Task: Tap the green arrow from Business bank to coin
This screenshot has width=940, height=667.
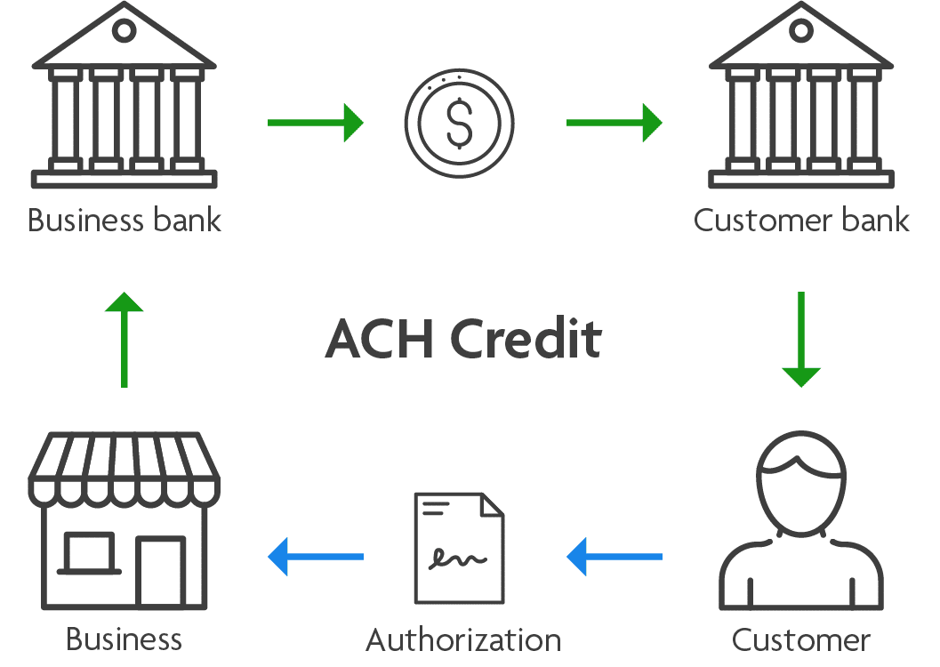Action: tap(316, 123)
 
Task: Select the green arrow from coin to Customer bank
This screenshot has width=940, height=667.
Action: tap(614, 123)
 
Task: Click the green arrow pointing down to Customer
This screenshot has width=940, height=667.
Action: tap(801, 339)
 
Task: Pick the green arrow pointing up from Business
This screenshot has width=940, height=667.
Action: tap(125, 339)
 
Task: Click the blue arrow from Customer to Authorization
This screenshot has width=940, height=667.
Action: tap(614, 557)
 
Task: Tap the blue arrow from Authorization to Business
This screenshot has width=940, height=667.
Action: tap(316, 557)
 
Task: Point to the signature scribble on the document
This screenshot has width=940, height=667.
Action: tap(457, 558)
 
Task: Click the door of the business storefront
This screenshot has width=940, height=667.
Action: tap(161, 571)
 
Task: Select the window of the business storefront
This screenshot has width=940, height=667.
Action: tap(89, 552)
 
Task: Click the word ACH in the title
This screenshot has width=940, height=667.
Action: tap(379, 339)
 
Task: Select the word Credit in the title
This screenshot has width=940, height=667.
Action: tap(526, 339)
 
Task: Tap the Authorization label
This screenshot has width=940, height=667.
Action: tap(463, 639)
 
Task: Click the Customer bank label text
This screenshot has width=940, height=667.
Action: tap(801, 220)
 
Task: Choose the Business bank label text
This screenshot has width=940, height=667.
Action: tap(125, 220)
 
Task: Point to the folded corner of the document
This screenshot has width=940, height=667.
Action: tap(492, 504)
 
